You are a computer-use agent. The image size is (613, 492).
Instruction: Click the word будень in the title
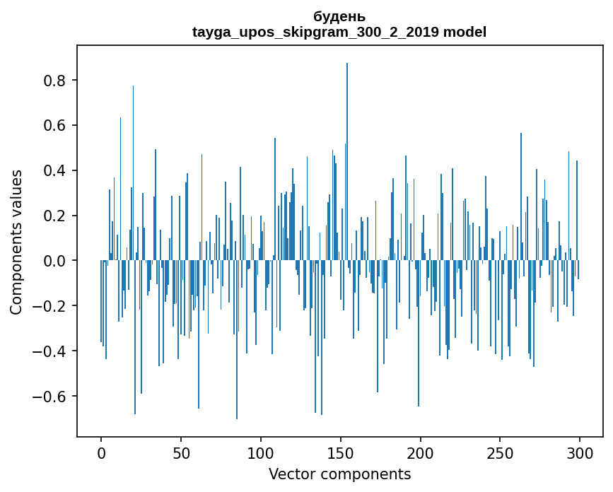coord(339,16)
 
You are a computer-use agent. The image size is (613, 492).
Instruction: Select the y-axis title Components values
coord(16,242)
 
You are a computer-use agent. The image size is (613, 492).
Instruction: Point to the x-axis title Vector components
coord(339,474)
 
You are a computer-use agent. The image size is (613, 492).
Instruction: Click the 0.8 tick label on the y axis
coord(56,81)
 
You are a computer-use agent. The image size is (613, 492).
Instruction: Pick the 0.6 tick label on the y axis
coord(56,126)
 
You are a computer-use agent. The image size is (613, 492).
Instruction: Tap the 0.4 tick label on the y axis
coord(56,171)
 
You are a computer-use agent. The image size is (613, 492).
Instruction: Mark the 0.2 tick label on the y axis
coord(56,216)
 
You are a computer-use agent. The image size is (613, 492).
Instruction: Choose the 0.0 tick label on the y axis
coord(56,261)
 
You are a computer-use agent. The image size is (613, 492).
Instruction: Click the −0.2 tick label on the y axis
coord(51,306)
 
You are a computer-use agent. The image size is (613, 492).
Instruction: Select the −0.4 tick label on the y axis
coord(51,351)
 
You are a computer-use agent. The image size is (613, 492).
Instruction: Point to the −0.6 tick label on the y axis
coord(51,396)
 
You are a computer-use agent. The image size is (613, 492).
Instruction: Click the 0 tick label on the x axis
coord(101,452)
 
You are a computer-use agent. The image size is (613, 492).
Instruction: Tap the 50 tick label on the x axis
coord(181,452)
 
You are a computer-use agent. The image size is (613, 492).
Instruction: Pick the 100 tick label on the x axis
coord(261,452)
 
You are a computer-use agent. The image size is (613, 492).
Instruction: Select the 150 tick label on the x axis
coord(341,452)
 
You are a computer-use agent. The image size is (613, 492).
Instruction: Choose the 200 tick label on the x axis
coord(421,452)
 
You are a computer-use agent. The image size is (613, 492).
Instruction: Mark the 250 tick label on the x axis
coord(501,452)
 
